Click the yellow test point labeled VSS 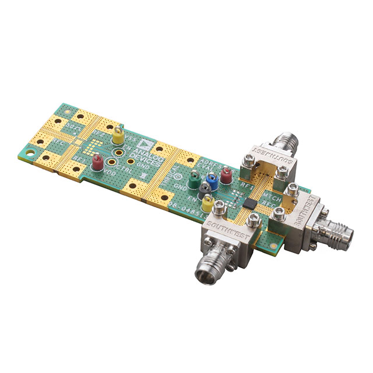coord(118,137)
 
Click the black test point coord(203,191)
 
